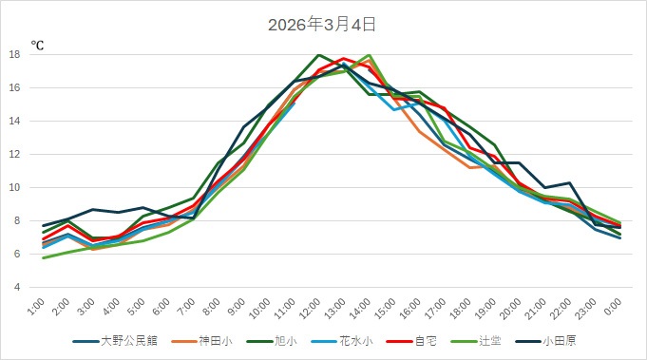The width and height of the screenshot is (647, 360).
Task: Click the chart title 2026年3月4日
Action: pyautogui.click(x=322, y=24)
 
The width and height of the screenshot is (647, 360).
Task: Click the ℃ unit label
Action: pyautogui.click(x=37, y=45)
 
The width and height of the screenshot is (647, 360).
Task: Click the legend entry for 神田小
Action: pyautogui.click(x=217, y=340)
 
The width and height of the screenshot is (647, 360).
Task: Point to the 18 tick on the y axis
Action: pyautogui.click(x=15, y=55)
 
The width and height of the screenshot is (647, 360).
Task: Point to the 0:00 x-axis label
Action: pyautogui.click(x=614, y=308)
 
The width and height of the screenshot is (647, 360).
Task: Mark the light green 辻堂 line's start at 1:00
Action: pyautogui.click(x=44, y=257)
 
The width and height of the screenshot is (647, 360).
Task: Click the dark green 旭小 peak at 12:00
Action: pyautogui.click(x=319, y=55)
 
